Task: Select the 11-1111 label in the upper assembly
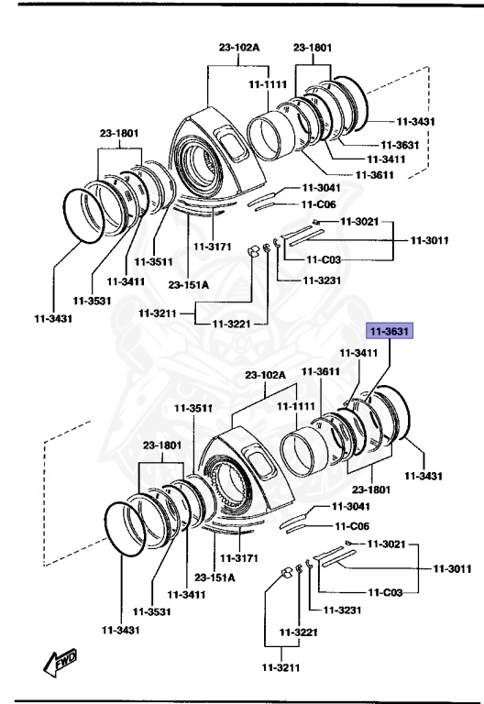pyautogui.click(x=267, y=84)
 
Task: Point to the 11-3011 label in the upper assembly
pyautogui.click(x=429, y=240)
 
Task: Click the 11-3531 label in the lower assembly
pyautogui.click(x=151, y=611)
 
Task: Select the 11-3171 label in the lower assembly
pyautogui.click(x=238, y=557)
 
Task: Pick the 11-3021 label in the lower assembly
pyautogui.click(x=386, y=544)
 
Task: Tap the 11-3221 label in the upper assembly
pyautogui.click(x=231, y=324)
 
